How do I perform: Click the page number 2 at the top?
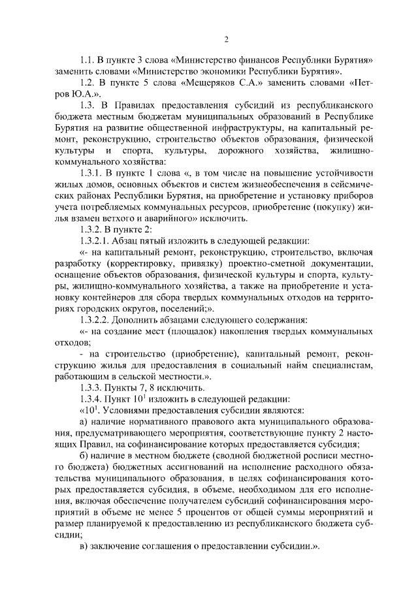click(226, 39)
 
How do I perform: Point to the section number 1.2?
click(88, 84)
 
